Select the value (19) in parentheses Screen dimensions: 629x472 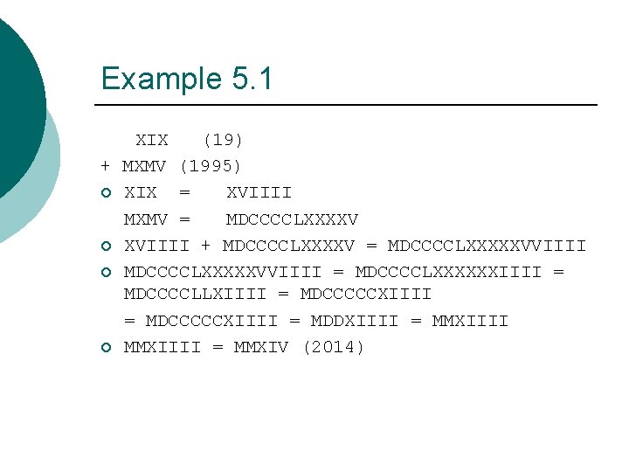click(x=223, y=140)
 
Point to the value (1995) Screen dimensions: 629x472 click(x=211, y=166)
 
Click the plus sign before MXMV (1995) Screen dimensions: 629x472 click(x=105, y=166)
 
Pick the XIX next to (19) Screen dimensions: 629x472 click(x=151, y=140)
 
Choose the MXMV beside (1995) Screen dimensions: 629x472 click(x=145, y=166)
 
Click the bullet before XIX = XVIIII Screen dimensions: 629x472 click(x=106, y=193)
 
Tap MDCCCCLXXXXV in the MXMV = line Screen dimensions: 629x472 click(x=292, y=219)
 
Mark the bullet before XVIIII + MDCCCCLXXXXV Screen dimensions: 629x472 click(x=106, y=246)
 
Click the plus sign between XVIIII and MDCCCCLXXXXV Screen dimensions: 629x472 click(x=206, y=246)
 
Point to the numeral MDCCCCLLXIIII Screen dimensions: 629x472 click(x=195, y=295)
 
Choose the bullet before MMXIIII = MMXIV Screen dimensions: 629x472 click(x=106, y=348)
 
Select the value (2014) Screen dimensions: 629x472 click(x=334, y=347)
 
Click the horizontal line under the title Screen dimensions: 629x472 click(x=349, y=105)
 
